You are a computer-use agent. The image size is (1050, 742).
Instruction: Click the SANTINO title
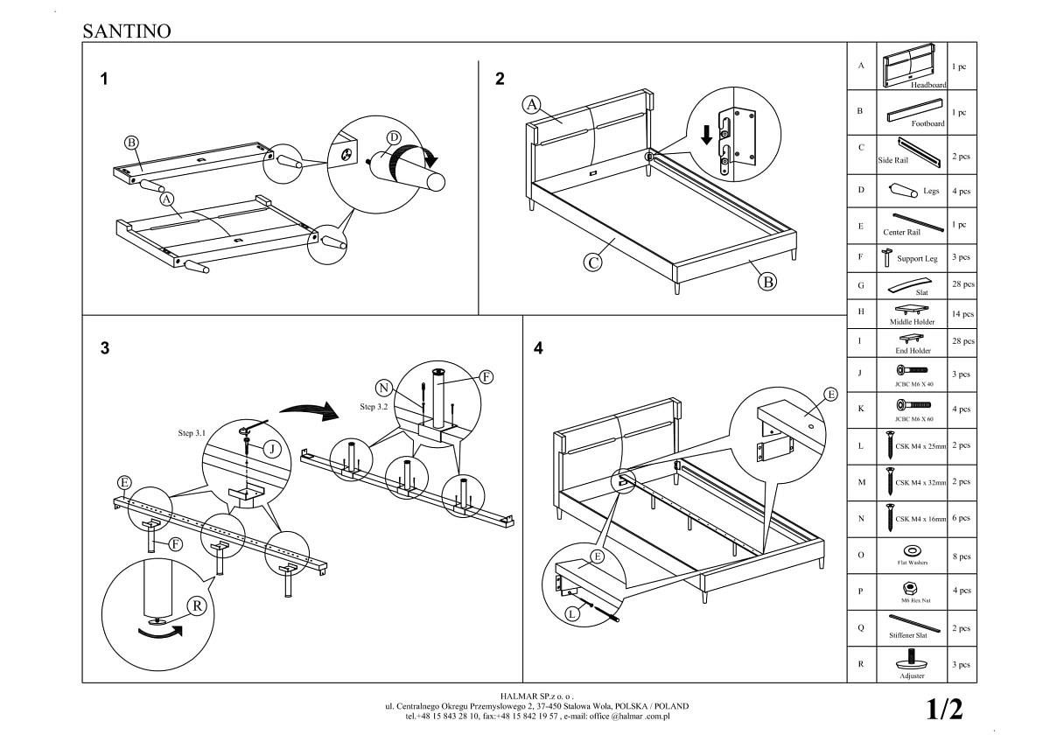(126, 31)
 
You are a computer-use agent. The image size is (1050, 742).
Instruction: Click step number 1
(104, 79)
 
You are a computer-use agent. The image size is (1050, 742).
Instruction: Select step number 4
(538, 347)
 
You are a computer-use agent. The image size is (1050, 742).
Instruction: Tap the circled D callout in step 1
(393, 137)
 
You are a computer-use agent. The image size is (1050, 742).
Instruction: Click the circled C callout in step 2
(593, 262)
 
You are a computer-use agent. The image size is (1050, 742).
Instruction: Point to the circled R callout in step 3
(198, 605)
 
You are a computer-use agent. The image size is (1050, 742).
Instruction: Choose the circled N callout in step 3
(383, 388)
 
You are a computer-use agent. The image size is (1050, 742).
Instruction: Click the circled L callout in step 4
(572, 613)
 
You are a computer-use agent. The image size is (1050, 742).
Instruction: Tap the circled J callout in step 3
(272, 449)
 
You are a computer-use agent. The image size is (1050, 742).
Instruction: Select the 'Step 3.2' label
(374, 407)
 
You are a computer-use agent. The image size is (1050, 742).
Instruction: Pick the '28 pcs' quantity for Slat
(962, 285)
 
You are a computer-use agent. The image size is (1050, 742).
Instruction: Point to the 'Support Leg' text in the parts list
(917, 259)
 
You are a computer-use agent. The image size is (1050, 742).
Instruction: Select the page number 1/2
(944, 709)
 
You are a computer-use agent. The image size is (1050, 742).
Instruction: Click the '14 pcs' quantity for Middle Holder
(962, 313)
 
